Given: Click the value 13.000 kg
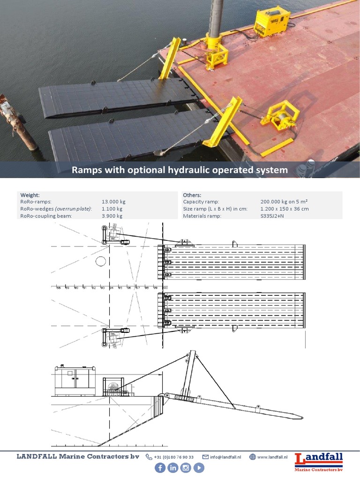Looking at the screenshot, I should [113, 202].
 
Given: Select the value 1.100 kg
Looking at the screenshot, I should [112, 209].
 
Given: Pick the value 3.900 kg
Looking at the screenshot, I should [112, 216].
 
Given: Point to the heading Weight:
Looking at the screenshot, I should [30, 195].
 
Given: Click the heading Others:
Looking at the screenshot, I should [192, 195].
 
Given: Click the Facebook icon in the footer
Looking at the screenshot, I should [160, 468].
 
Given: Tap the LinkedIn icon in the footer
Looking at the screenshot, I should [173, 468].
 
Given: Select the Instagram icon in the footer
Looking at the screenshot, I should [186, 468].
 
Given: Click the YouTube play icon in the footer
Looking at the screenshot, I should [199, 468].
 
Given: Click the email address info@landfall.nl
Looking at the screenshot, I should [225, 457].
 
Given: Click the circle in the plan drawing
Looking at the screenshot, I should [101, 261].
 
